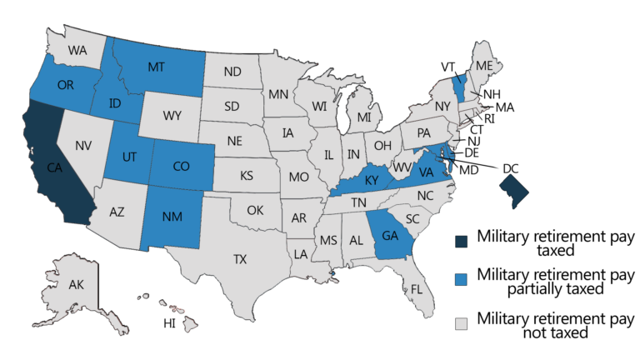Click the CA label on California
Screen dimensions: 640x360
point(55,167)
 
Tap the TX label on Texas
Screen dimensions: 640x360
point(240,259)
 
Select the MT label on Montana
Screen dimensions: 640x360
point(156,67)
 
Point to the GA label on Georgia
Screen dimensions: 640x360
point(390,235)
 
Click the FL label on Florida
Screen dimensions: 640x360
point(416,289)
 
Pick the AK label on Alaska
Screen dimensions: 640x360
point(76,285)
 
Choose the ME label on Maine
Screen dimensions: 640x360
point(483,66)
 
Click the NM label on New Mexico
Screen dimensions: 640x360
point(172,217)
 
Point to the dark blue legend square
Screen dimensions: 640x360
point(461,242)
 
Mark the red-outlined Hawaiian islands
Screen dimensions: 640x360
point(177,308)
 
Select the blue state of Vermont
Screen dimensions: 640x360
point(460,87)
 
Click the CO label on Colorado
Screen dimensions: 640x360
point(181,167)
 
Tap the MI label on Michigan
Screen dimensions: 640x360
point(364,117)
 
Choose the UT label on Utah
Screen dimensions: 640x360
point(129,156)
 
